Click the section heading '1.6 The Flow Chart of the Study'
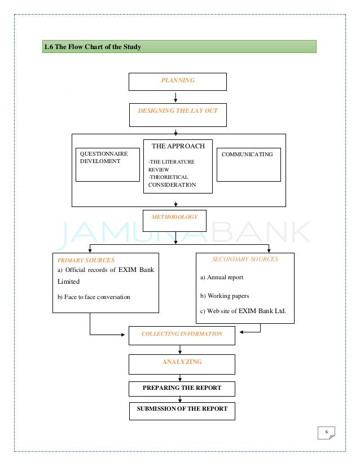(93, 47)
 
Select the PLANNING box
(178, 81)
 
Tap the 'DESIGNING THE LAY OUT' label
(178, 111)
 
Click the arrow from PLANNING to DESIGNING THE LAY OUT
(177, 97)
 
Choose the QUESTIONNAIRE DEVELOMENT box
(107, 164)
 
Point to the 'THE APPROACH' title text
(178, 146)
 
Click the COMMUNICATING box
(248, 164)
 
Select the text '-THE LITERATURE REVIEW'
(171, 165)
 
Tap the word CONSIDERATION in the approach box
(172, 185)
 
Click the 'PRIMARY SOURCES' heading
(86, 260)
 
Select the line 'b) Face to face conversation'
(94, 297)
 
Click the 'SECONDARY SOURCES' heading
(245, 260)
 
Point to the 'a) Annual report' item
(222, 278)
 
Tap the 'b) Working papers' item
(224, 296)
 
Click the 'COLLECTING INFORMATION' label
(182, 334)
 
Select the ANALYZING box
(182, 364)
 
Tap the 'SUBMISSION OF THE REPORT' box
(182, 411)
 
